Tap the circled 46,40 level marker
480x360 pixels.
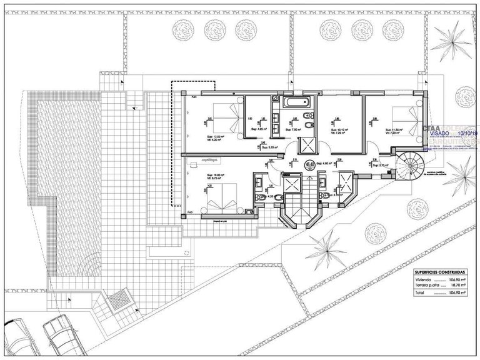click(309, 164)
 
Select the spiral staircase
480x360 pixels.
click(410, 166)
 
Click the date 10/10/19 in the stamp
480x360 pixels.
click(467, 133)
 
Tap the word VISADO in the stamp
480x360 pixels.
click(439, 133)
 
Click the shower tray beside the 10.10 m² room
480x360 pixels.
click(308, 144)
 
